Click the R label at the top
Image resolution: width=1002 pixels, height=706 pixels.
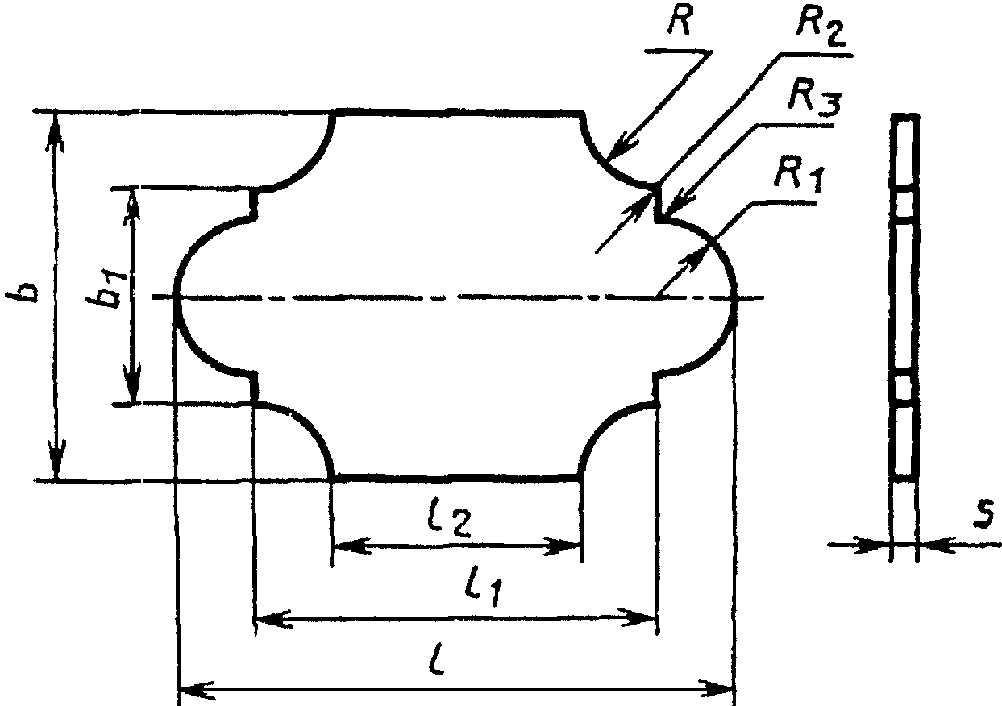pos(680,21)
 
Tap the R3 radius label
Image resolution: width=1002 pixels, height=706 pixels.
pos(813,101)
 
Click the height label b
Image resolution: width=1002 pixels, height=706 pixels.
pos(23,292)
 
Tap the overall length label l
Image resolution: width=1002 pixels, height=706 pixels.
pos(439,659)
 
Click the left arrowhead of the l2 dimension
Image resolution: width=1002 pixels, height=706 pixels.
pos(352,546)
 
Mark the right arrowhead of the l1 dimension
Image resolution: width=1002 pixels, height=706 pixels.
pos(638,618)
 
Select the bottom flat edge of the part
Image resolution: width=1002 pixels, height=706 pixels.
pos(455,478)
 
